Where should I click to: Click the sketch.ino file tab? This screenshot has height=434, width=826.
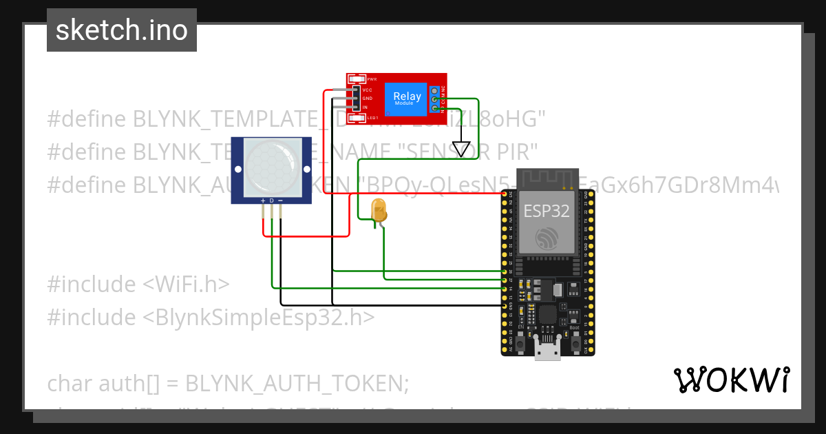[x=122, y=30]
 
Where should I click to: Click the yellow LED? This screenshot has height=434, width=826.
[x=379, y=209]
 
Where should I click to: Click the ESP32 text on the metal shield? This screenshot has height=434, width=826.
[x=547, y=211]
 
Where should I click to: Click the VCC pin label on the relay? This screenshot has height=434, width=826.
[x=367, y=90]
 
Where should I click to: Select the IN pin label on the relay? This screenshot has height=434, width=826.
[x=365, y=107]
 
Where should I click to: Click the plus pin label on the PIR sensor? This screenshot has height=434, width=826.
[x=262, y=200]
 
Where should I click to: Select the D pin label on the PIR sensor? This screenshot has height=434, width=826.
[x=271, y=200]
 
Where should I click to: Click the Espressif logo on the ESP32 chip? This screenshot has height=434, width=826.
[x=547, y=238]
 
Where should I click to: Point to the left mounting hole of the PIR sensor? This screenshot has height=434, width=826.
[x=237, y=169]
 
